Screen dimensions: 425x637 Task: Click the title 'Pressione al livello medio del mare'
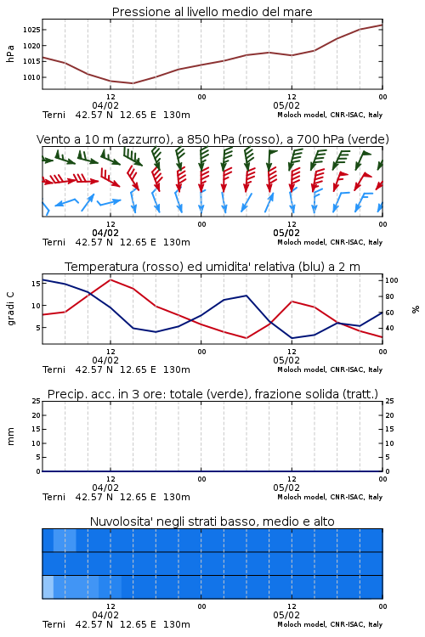[x=212, y=12]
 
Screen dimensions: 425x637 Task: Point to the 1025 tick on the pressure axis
[x=31, y=30]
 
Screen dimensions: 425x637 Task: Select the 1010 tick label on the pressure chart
[x=31, y=77]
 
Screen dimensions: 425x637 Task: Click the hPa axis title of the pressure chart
[x=10, y=54]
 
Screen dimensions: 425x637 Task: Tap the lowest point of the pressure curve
[x=133, y=83]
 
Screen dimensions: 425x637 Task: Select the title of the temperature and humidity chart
[x=212, y=267]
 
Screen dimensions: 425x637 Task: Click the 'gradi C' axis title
[x=10, y=309]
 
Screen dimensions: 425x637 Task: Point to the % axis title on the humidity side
[x=416, y=309]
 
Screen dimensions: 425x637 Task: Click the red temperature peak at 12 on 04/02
[x=110, y=279]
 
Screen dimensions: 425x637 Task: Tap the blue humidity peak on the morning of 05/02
[x=246, y=296]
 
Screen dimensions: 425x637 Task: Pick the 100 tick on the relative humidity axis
[x=392, y=280]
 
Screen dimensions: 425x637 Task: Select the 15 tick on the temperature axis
[x=36, y=283]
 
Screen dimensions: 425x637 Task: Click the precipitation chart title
[x=212, y=394]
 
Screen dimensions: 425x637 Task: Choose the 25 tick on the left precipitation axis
[x=37, y=401]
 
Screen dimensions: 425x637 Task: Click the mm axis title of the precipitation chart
[x=10, y=437]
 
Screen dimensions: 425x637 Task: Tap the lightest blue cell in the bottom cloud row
[x=48, y=587]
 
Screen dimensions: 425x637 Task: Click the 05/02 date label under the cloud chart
[x=286, y=615]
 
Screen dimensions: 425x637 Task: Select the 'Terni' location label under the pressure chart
[x=54, y=115]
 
